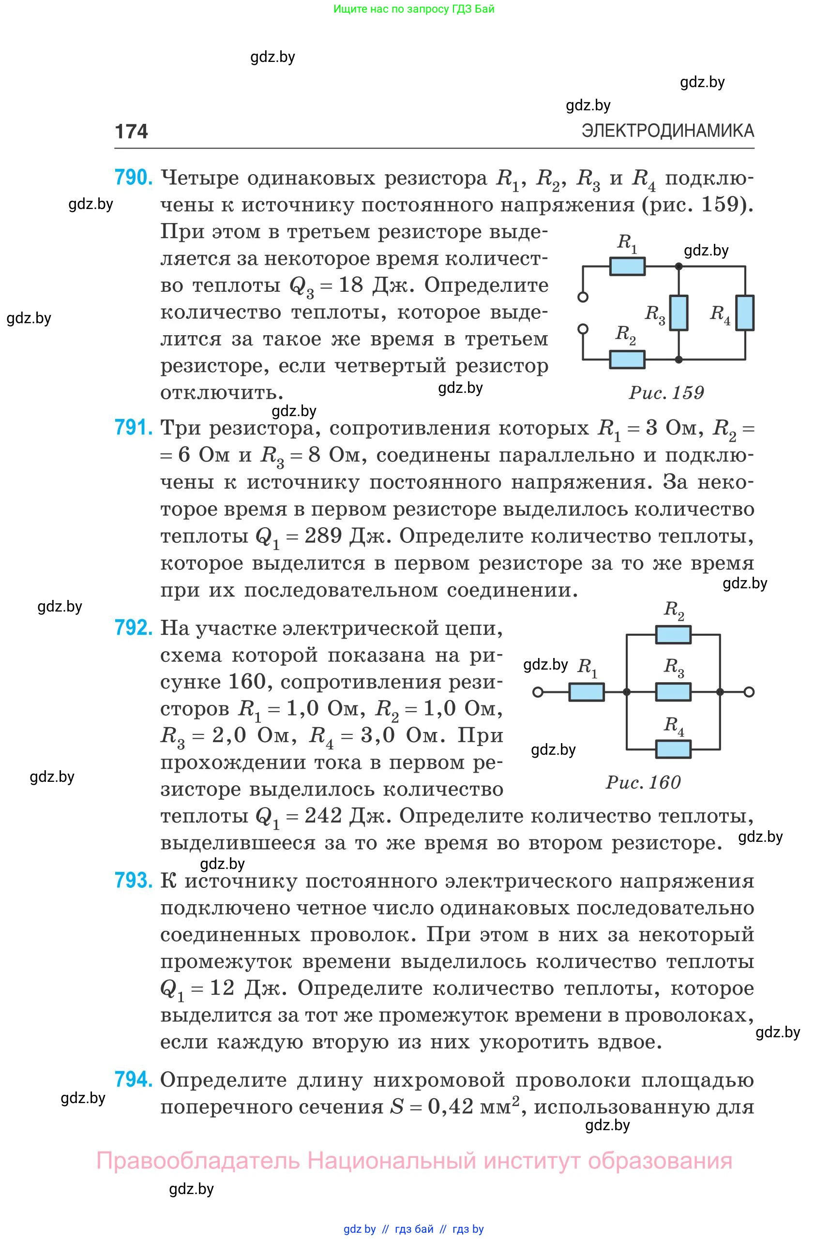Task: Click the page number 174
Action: coord(131,131)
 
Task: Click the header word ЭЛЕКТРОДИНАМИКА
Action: coord(667,131)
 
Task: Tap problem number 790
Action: coord(133,178)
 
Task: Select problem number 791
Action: coord(133,427)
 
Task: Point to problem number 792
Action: coord(133,627)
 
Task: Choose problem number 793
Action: coord(133,881)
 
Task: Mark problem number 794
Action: coord(133,1079)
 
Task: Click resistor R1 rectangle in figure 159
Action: coord(627,267)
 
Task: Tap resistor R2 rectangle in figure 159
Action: coord(627,359)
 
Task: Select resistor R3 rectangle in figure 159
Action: coord(679,313)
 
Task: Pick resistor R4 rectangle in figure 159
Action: coord(745,313)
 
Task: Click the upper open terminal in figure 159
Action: coord(583,297)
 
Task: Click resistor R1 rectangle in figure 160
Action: coord(587,692)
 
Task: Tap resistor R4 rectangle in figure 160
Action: coord(673,749)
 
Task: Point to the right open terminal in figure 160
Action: coord(749,692)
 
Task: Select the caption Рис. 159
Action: coord(666,393)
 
